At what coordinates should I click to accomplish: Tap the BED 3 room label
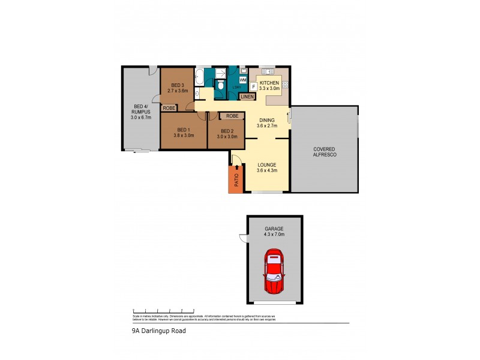point(176,85)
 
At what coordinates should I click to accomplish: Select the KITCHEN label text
point(269,82)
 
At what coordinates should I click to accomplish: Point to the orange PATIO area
point(235,179)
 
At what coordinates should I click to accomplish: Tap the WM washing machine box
point(243,79)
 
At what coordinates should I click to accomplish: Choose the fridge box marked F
point(253,87)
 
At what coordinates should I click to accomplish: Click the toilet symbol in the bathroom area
point(221,86)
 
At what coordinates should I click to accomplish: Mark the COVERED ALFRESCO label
point(325,152)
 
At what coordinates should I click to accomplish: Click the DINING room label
point(264,119)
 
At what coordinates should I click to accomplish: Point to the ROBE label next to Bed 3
point(169,108)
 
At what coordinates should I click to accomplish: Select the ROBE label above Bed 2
point(232,115)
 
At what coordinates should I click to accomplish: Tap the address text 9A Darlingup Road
point(158,330)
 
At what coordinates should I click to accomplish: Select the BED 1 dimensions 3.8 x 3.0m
point(184,136)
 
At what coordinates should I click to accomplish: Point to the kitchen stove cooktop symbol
point(285,85)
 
